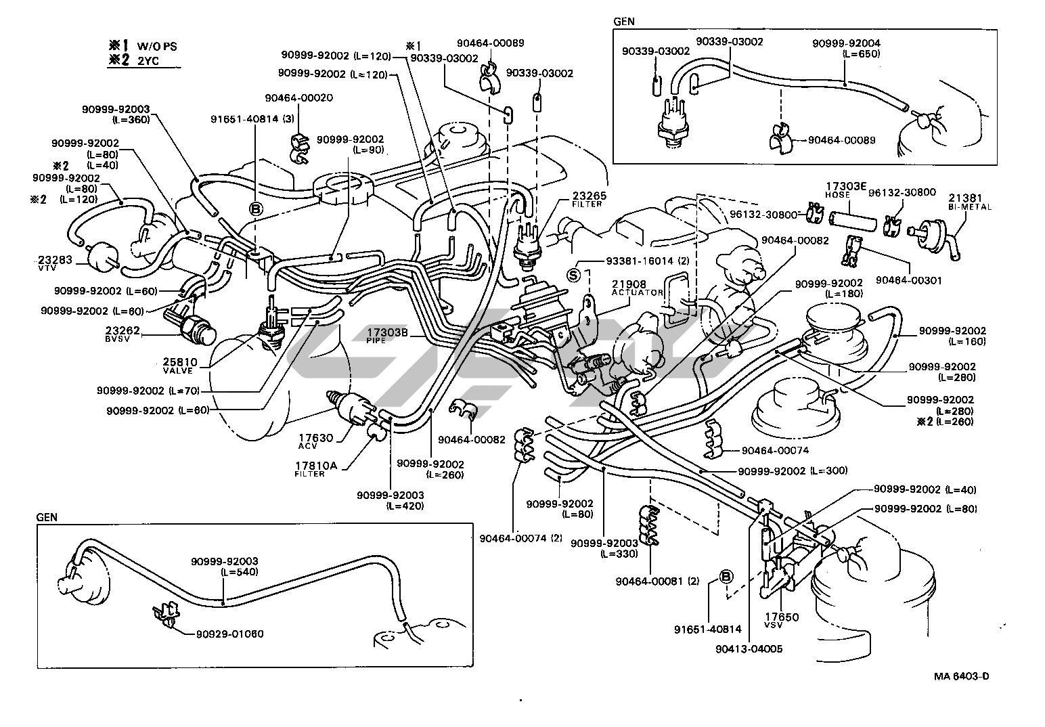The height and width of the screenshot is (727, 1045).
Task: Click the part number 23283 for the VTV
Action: pyautogui.click(x=51, y=259)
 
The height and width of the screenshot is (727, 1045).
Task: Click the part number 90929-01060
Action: pyautogui.click(x=229, y=634)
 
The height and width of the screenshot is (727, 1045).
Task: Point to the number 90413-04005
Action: pyautogui.click(x=748, y=648)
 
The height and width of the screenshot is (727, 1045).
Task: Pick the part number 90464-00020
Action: pyautogui.click(x=298, y=97)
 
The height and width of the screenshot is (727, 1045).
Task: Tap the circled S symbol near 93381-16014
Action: pyautogui.click(x=573, y=275)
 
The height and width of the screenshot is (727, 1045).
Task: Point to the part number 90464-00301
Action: pyautogui.click(x=909, y=280)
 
